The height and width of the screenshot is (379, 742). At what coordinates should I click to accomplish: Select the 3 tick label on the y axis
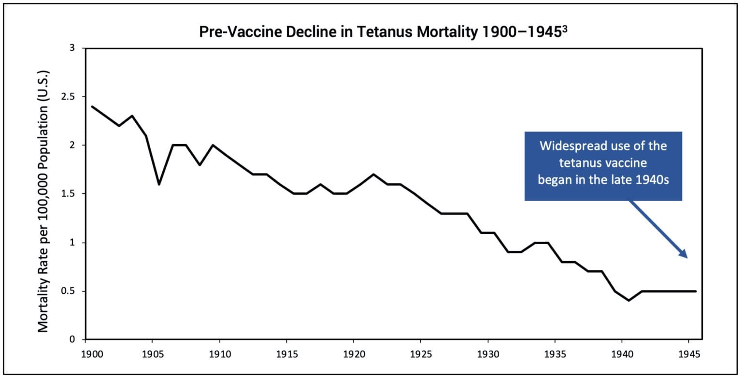pyautogui.click(x=73, y=48)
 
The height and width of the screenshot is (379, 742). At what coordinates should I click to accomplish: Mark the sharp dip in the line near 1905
pyautogui.click(x=159, y=184)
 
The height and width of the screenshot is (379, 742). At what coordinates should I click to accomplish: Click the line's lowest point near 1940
pyautogui.click(x=629, y=300)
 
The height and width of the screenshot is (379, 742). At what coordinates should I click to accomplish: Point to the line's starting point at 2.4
pyautogui.click(x=92, y=106)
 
